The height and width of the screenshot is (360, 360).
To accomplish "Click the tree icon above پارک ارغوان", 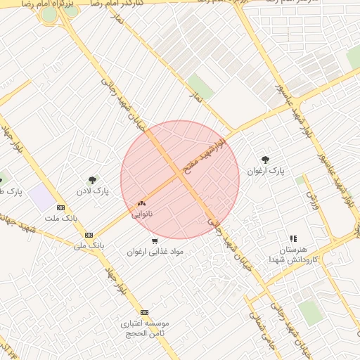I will pyautogui.click(x=265, y=160).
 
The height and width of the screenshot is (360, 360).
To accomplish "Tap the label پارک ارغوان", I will pyautogui.click(x=266, y=171).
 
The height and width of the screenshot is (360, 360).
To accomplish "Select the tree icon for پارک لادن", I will pyautogui.click(x=93, y=180).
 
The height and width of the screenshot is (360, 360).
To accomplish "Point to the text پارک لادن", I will pyautogui.click(x=94, y=191).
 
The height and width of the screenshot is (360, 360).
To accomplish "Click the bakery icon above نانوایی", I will pyautogui.click(x=141, y=203).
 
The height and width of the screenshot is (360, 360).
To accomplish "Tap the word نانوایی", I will pyautogui.click(x=142, y=214).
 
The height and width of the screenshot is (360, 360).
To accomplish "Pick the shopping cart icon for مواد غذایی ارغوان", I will pyautogui.click(x=155, y=240).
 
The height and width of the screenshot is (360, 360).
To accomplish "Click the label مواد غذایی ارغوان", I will pyautogui.click(x=155, y=251).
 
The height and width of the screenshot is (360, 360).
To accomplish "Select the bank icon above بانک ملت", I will pyautogui.click(x=60, y=207).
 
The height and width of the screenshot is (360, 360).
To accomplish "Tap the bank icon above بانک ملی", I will pyautogui.click(x=89, y=235).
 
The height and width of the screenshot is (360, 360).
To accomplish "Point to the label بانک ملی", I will pyautogui.click(x=89, y=245).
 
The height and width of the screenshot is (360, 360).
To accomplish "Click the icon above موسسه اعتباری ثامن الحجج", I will pyautogui.click(x=145, y=312).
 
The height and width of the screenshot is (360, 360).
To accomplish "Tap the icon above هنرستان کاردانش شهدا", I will pyautogui.click(x=293, y=239).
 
